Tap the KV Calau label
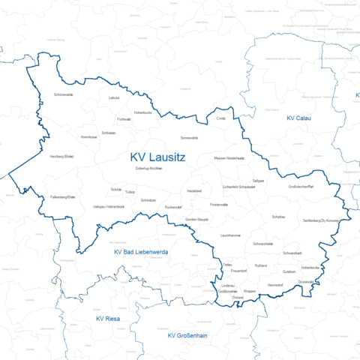click(x=300, y=118)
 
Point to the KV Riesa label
click(x=108, y=319)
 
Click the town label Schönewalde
click(x=64, y=95)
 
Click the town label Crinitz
click(x=220, y=118)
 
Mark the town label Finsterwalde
click(x=219, y=204)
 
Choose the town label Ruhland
click(x=260, y=265)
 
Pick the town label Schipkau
click(x=278, y=216)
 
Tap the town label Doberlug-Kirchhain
click(x=148, y=169)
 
